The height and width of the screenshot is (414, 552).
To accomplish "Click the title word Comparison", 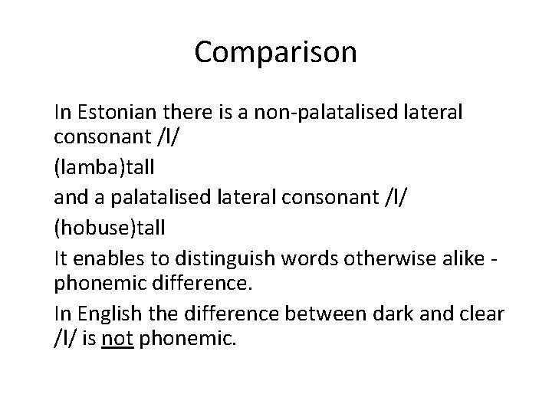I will coord(275,52).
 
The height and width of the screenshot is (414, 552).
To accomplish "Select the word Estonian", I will coord(113,112).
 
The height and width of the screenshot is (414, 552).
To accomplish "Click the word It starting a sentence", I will coord(61,255).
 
